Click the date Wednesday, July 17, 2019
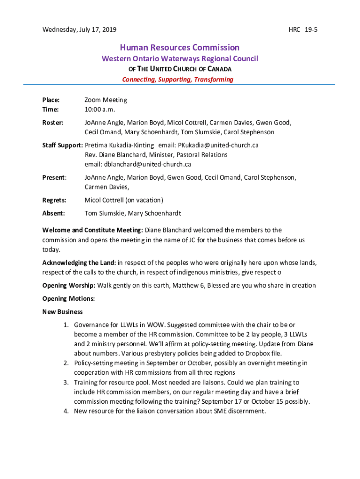[x=79, y=30]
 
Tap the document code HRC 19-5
[x=303, y=30]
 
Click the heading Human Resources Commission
[x=180, y=47]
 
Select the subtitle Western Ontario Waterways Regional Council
[x=180, y=59]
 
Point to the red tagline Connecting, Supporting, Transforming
[x=177, y=80]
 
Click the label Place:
[x=51, y=100]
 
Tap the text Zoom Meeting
[x=106, y=100]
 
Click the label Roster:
[x=53, y=123]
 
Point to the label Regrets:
[x=54, y=200]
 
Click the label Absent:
[x=53, y=213]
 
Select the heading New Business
[x=63, y=312]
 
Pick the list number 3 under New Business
[x=66, y=383]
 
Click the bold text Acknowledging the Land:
[x=79, y=262]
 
